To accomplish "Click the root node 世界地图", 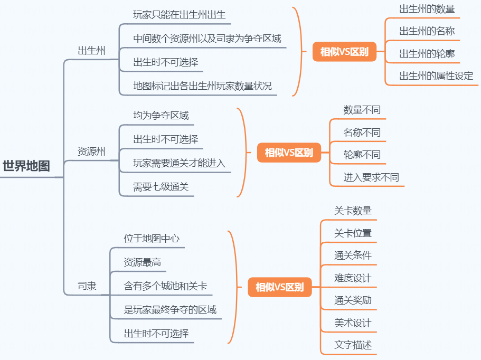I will (26, 166).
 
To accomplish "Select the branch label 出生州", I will (91, 51).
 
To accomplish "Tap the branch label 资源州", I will (91, 152).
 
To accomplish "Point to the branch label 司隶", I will (87, 287).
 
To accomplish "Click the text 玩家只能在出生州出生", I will (180, 15).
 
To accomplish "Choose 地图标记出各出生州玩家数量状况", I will (202, 86).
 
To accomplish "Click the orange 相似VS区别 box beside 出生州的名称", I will (344, 52).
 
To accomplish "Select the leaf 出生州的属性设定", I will (436, 76).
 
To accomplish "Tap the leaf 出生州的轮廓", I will (427, 54).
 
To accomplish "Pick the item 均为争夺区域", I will (161, 116).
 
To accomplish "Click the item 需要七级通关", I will (161, 187).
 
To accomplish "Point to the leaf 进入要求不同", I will (371, 177).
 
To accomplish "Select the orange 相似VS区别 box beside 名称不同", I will (289, 153).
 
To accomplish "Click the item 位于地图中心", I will (152, 239).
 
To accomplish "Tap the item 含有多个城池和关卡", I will (165, 286).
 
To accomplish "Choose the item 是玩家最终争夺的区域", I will (170, 310).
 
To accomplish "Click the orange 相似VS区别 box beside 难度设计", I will (279, 288).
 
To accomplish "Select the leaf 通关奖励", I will (353, 301).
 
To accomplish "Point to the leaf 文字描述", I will (353, 346).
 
